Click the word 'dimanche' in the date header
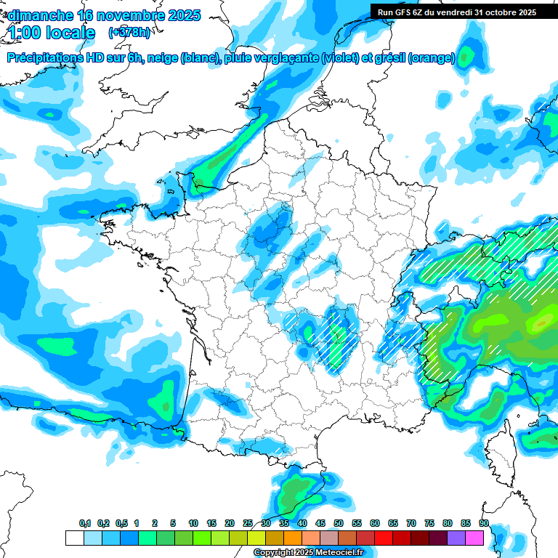(41, 15)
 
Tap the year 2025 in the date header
(178, 15)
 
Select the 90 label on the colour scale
(483, 523)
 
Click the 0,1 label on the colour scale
(85, 523)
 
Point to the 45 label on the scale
(320, 523)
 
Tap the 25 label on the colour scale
(248, 523)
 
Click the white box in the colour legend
(74, 538)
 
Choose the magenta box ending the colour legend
(474, 538)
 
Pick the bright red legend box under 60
(384, 538)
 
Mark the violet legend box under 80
(456, 538)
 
